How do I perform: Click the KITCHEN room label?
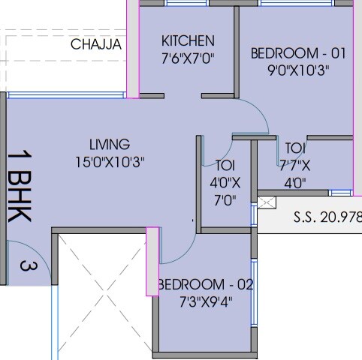coord(188,40)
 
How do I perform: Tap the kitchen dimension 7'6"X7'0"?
coord(188,58)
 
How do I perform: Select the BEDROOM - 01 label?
coord(298,53)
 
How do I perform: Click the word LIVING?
coord(109,144)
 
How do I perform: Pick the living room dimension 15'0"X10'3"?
coord(109,160)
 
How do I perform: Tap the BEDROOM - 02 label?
coord(205,285)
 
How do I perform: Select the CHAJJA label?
coord(96,45)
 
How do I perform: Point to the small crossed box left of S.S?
coord(267,203)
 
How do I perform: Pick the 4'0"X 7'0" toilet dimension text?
coord(225,191)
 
